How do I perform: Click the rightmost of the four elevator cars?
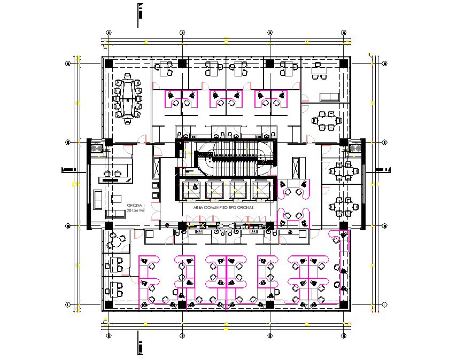click(261, 189)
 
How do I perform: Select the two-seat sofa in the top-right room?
click(329, 97)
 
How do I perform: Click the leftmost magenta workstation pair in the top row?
click(181, 99)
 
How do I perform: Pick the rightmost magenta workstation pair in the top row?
click(270, 99)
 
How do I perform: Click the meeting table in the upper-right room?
click(326, 120)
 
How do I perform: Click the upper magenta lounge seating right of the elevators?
click(293, 189)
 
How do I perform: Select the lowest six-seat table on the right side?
click(342, 206)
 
